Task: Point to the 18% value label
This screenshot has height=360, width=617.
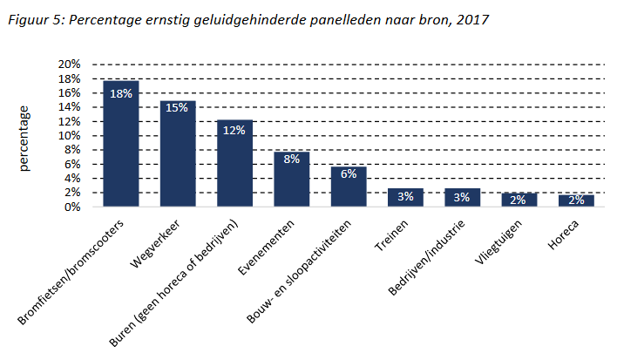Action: pos(120,93)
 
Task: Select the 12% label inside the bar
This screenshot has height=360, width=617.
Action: pos(234,131)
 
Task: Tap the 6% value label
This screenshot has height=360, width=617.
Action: pos(349,173)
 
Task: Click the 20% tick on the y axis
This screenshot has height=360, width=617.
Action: pos(69,65)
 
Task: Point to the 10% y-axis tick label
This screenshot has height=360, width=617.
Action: pos(69,136)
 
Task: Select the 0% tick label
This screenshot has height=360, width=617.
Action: pos(72,207)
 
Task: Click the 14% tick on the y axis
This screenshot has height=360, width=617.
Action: pos(69,107)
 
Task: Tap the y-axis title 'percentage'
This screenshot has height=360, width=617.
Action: pos(25,138)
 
